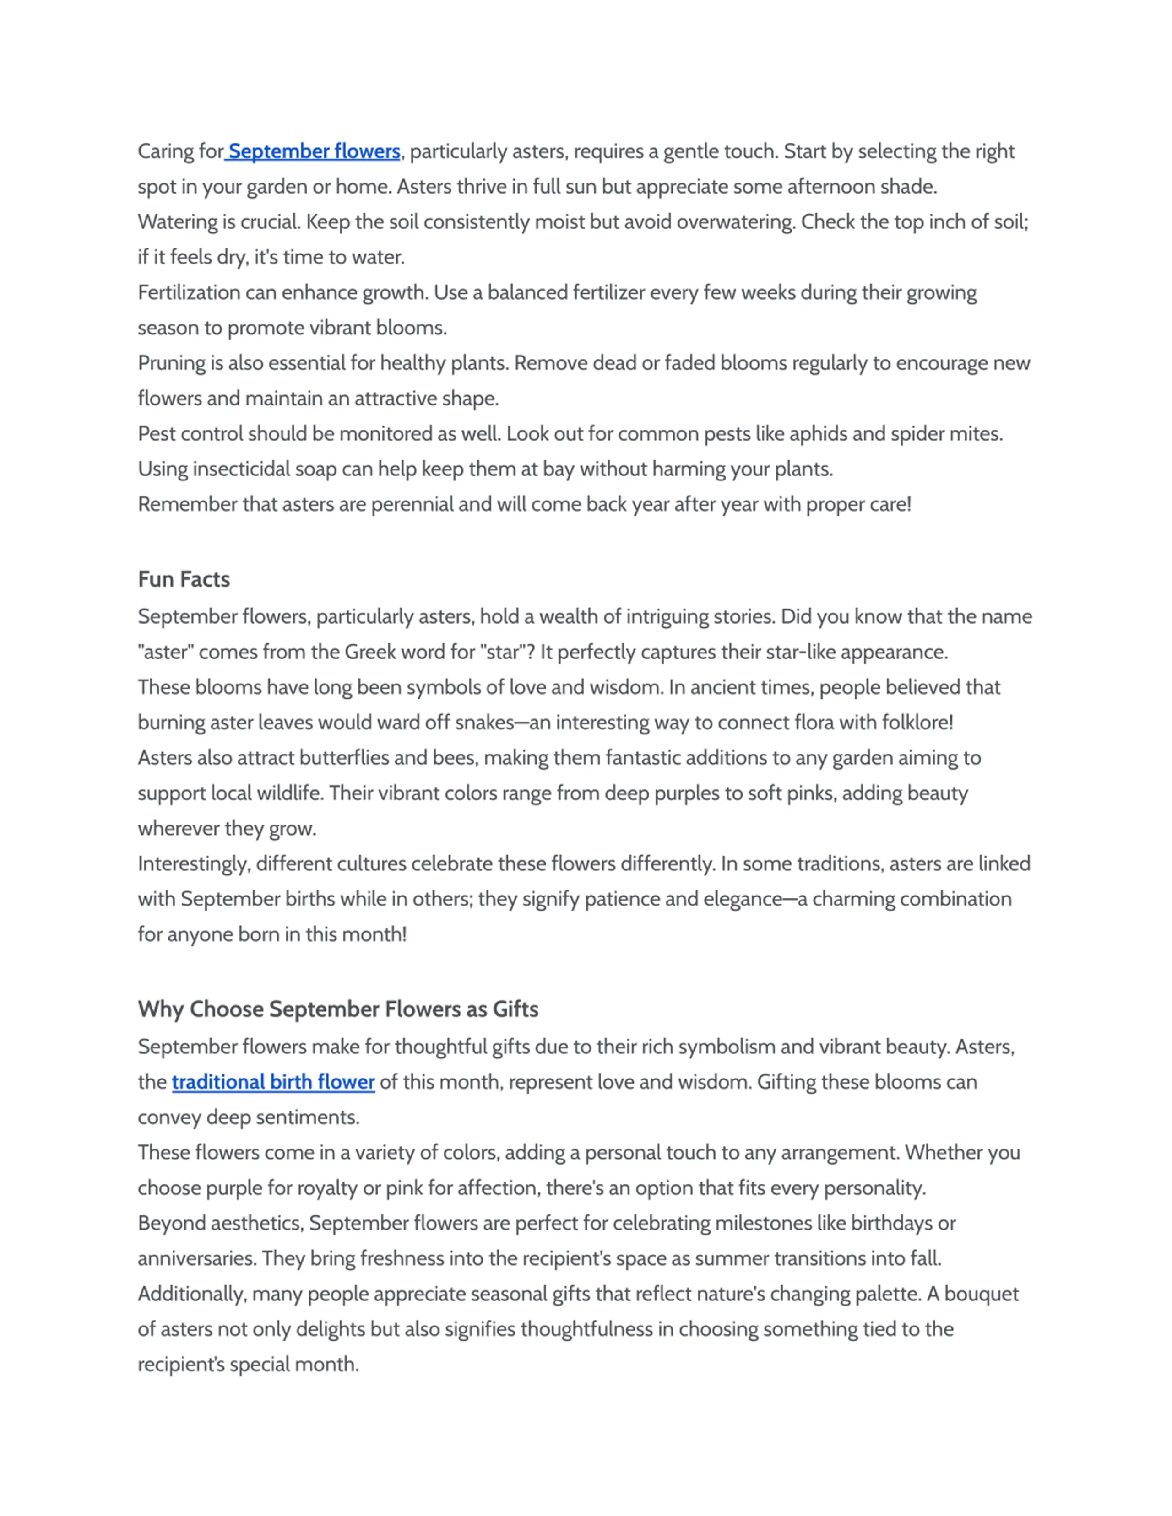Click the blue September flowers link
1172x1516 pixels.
[314, 151]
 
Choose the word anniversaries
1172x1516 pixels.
[196, 1258]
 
